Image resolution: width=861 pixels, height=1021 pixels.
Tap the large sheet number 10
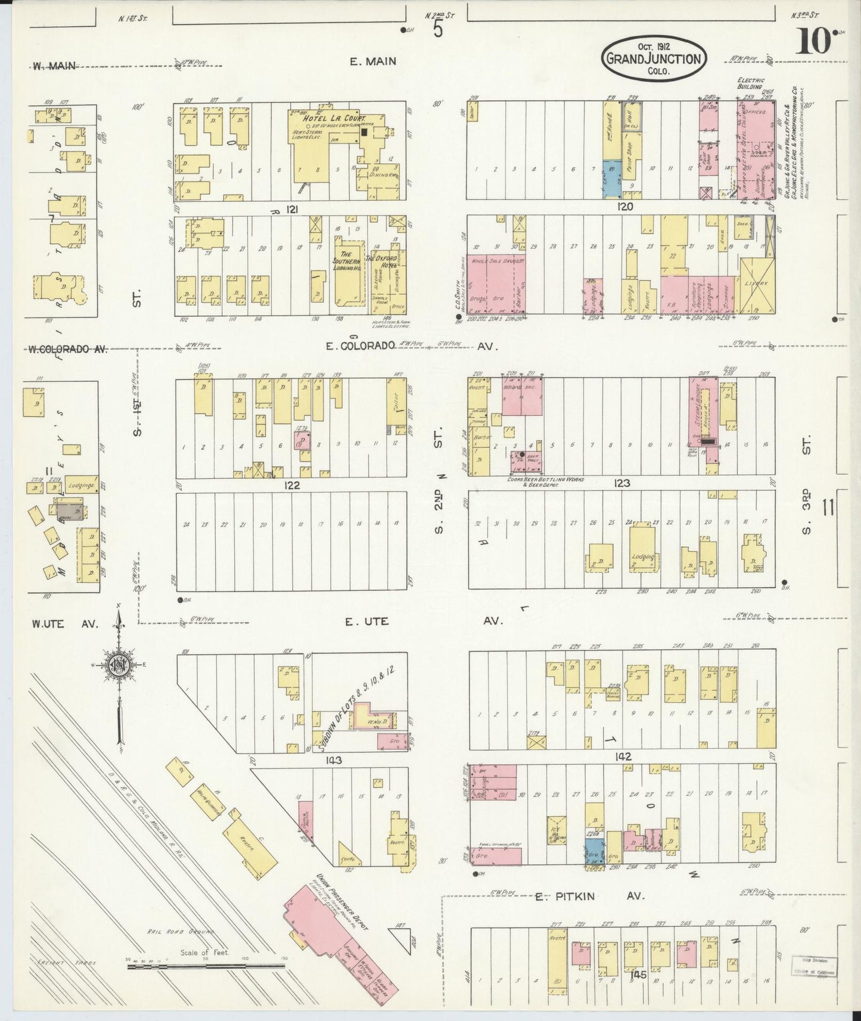click(814, 42)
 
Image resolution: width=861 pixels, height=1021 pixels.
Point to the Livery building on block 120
click(757, 285)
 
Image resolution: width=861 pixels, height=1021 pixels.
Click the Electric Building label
click(750, 83)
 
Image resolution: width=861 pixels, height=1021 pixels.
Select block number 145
click(639, 975)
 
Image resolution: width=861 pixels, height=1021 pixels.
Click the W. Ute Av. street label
click(64, 624)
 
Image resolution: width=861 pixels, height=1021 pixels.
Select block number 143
click(333, 761)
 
